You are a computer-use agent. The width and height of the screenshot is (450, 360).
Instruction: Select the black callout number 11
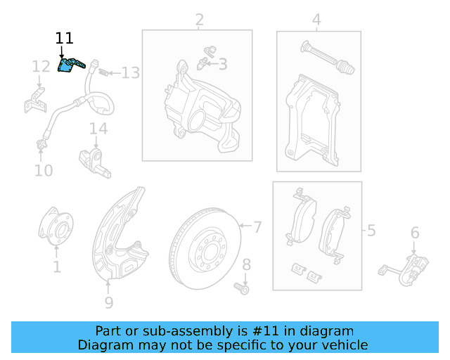64,39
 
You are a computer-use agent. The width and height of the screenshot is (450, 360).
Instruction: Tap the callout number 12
41,67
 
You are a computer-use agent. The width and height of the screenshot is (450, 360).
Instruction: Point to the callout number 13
131,72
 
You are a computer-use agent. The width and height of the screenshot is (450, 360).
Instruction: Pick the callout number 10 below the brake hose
44,170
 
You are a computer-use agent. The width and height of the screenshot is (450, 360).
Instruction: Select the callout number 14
98,129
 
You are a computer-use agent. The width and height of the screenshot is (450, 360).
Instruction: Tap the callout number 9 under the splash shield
108,303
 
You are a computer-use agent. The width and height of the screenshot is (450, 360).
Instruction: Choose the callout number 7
257,227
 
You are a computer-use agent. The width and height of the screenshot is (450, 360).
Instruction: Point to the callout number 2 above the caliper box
200,19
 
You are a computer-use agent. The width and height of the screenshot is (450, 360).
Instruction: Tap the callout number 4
316,20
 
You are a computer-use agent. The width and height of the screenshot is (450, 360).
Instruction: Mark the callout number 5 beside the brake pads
371,230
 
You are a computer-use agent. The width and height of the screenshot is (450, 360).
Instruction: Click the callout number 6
415,233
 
